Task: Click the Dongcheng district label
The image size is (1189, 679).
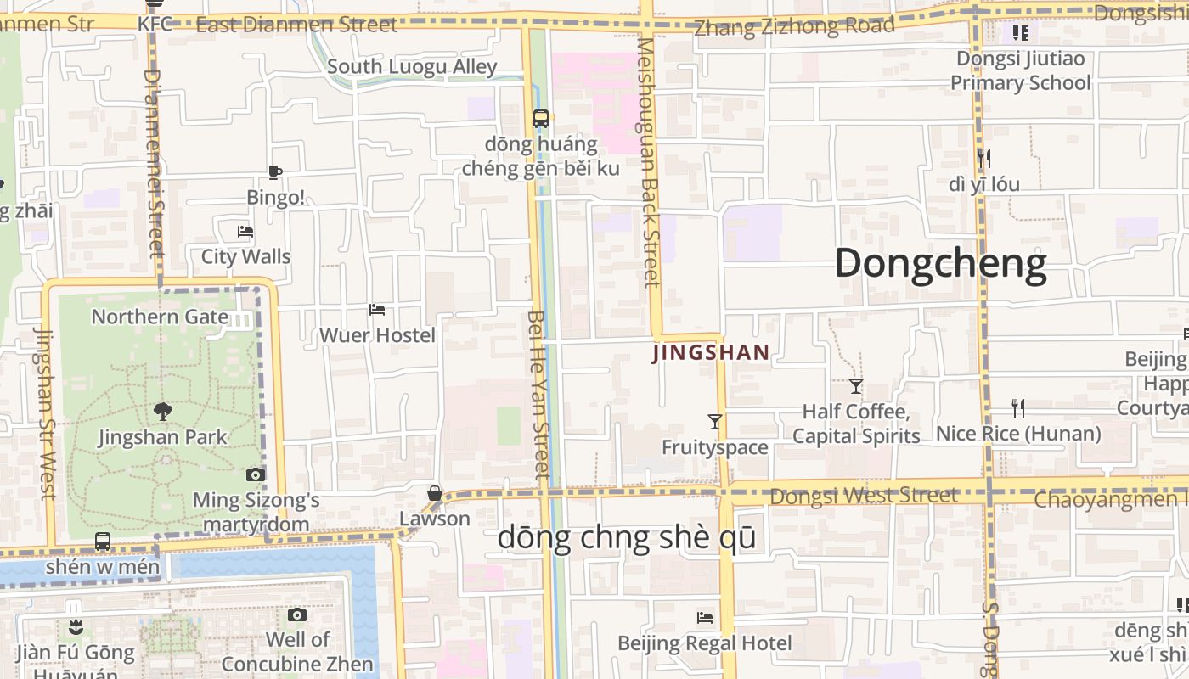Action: click(940, 264)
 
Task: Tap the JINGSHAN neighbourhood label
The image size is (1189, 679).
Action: click(711, 353)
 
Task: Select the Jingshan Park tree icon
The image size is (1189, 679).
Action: click(163, 412)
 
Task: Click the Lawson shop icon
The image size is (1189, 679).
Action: click(435, 493)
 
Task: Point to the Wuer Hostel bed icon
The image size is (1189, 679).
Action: click(377, 310)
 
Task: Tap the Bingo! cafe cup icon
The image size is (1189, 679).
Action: click(274, 172)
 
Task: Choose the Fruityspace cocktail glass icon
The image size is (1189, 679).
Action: click(715, 421)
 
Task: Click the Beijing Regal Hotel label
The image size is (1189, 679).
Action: click(704, 643)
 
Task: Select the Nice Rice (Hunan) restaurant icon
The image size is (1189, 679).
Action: click(1018, 408)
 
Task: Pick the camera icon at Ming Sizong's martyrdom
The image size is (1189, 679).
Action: click(256, 475)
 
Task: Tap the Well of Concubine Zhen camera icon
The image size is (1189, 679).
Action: click(296, 614)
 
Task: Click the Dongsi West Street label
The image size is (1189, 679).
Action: click(864, 496)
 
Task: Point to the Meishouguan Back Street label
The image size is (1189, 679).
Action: click(650, 161)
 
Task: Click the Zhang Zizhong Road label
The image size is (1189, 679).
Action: click(794, 26)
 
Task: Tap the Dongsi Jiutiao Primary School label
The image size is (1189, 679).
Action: click(1020, 70)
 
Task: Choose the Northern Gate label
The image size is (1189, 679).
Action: click(160, 317)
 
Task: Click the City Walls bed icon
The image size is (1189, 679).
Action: click(245, 231)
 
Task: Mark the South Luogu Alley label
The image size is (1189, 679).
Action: click(412, 66)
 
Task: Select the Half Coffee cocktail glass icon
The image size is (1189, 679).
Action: click(856, 386)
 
